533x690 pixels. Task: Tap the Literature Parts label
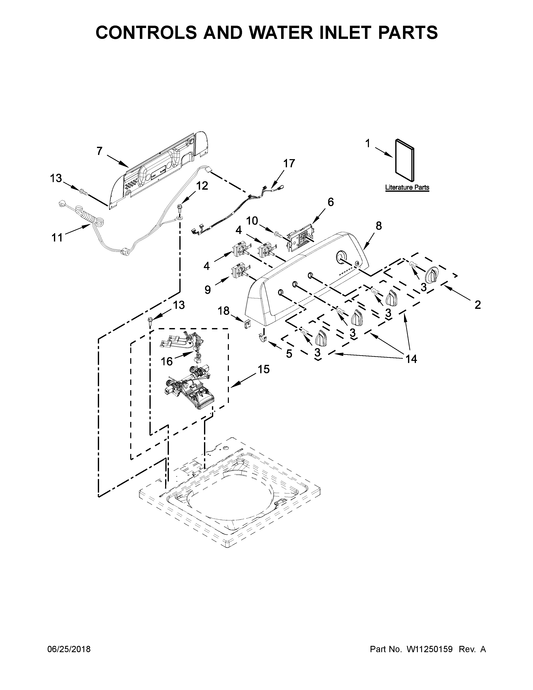[x=407, y=187]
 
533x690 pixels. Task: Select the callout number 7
[x=99, y=151]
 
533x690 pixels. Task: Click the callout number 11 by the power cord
[x=57, y=237]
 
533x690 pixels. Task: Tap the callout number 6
[x=330, y=202]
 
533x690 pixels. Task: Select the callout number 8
[x=378, y=226]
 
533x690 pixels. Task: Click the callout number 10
[x=252, y=221]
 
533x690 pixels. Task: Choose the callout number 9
[x=208, y=289]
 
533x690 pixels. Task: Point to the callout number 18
[x=224, y=311]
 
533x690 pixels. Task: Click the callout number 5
[x=289, y=354]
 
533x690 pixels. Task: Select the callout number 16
[x=167, y=361]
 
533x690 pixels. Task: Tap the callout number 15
[x=264, y=369]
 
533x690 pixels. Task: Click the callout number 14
[x=411, y=359]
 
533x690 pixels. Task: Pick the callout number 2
[x=477, y=305]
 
